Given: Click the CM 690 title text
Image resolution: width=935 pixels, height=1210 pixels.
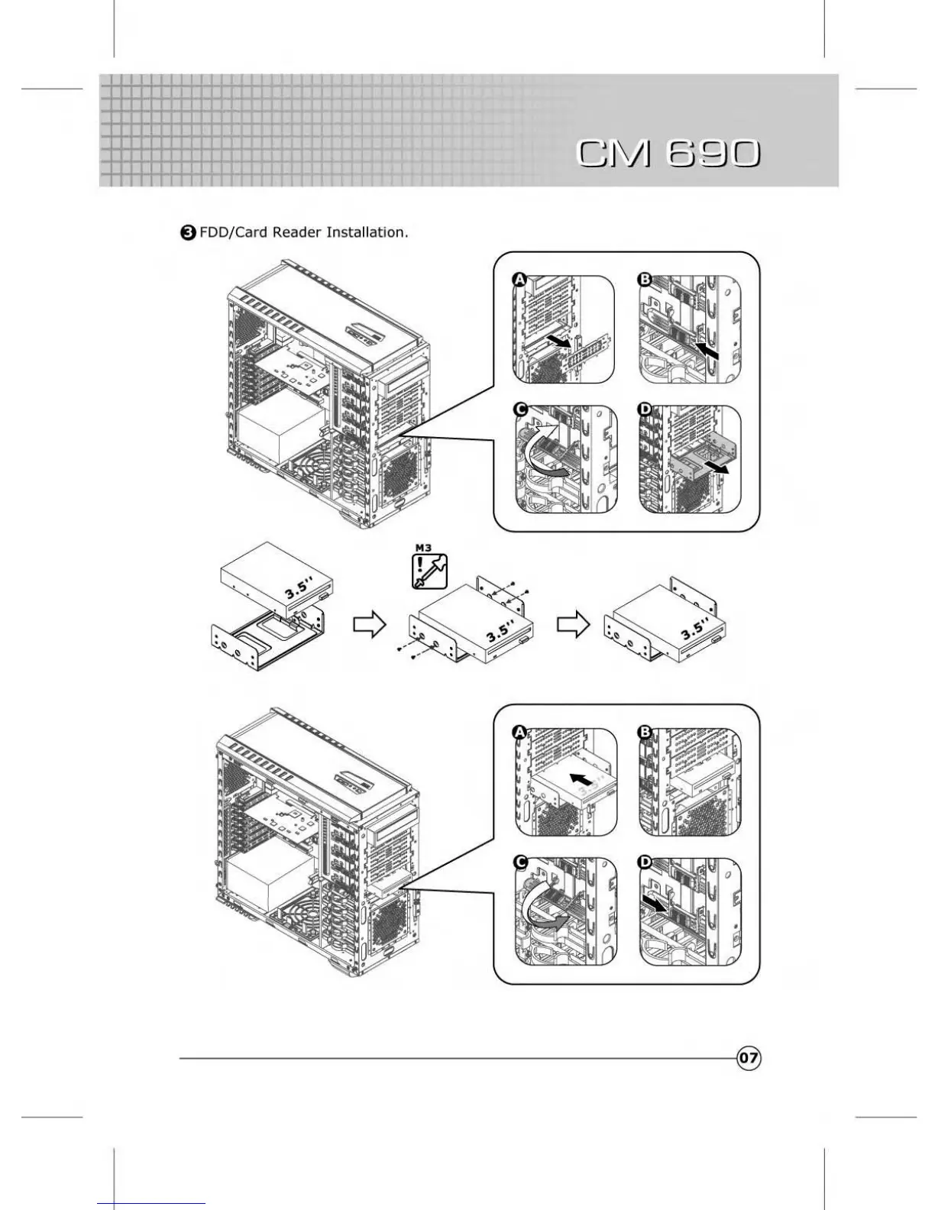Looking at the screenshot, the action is click(668, 153).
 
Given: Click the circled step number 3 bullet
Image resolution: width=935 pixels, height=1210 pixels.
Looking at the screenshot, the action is click(187, 233).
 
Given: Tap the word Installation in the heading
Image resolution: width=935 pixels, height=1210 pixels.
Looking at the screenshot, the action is click(367, 232).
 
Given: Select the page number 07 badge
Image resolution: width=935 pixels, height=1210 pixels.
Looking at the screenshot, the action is click(749, 1058).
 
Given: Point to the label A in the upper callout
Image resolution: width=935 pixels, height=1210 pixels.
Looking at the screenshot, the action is click(519, 280).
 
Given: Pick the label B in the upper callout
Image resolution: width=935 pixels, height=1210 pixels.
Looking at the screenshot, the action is click(645, 280).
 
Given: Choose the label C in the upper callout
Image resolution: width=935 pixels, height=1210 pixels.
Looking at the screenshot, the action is click(521, 410).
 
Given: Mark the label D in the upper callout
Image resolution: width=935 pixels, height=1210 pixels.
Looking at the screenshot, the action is click(645, 410).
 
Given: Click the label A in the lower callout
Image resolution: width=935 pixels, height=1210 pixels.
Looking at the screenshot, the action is click(519, 733).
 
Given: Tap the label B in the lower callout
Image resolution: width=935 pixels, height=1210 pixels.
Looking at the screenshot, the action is click(645, 733).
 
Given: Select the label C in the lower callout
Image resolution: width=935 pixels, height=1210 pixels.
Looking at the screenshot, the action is click(521, 862).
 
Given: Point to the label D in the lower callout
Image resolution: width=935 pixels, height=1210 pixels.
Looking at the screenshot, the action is click(645, 862).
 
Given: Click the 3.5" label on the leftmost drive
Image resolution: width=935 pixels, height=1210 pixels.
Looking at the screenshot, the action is click(299, 587).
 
